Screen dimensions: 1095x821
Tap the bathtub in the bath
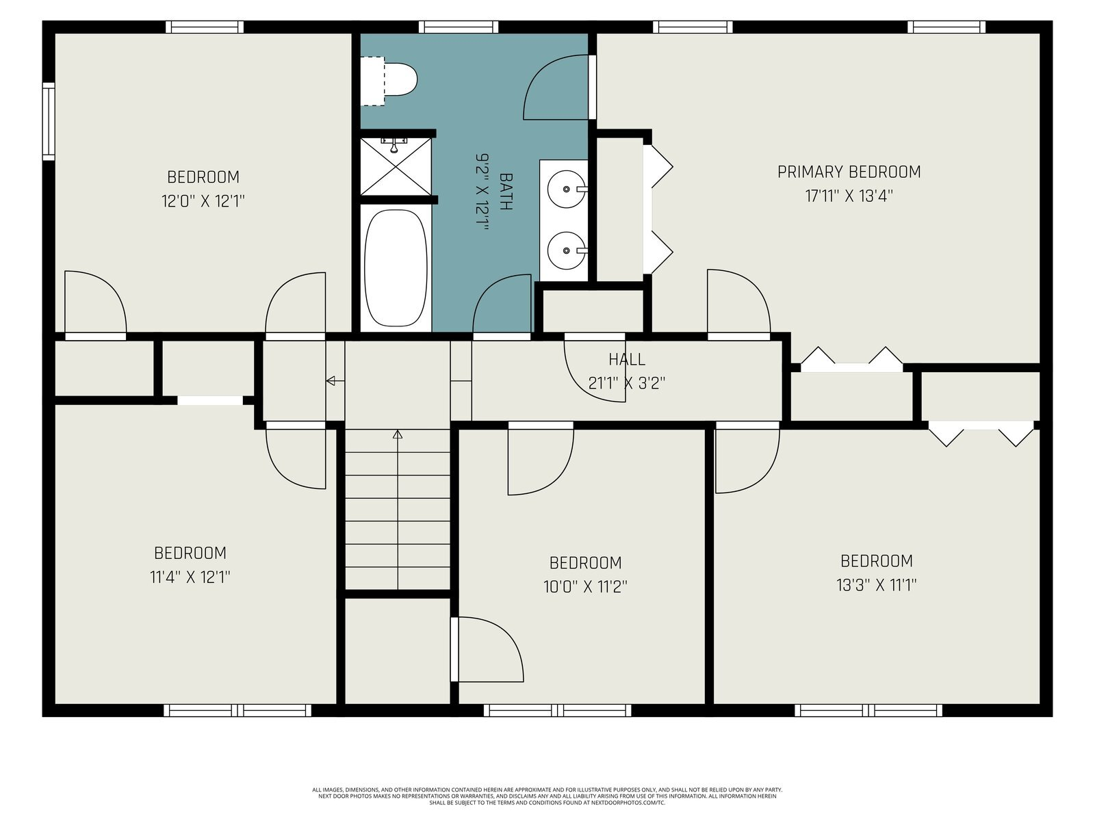tap(396, 268)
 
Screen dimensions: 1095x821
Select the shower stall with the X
tap(396, 166)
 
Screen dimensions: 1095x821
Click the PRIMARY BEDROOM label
tap(849, 172)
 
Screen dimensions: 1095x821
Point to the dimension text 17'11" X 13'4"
tap(849, 196)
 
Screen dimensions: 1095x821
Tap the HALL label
tap(627, 359)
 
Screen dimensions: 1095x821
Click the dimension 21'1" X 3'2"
tap(627, 383)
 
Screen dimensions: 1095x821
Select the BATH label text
tap(506, 192)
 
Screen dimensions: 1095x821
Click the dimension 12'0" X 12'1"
tap(203, 201)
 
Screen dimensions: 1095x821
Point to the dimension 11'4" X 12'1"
tap(190, 577)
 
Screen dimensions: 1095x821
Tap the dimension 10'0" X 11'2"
tap(585, 587)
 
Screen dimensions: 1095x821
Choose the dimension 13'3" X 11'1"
tap(877, 585)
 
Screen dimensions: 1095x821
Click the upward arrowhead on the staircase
tap(397, 434)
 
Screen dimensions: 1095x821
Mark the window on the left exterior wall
tap(49, 121)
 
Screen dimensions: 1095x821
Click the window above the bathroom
tap(458, 27)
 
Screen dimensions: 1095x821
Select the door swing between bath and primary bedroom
tap(556, 88)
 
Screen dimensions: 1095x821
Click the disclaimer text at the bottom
tap(547, 796)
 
